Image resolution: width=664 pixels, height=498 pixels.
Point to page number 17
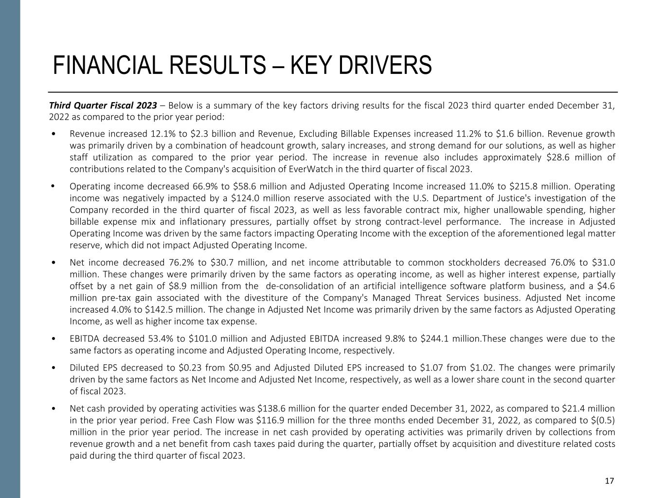(609, 481)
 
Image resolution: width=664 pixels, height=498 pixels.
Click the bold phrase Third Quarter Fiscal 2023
(103, 106)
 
